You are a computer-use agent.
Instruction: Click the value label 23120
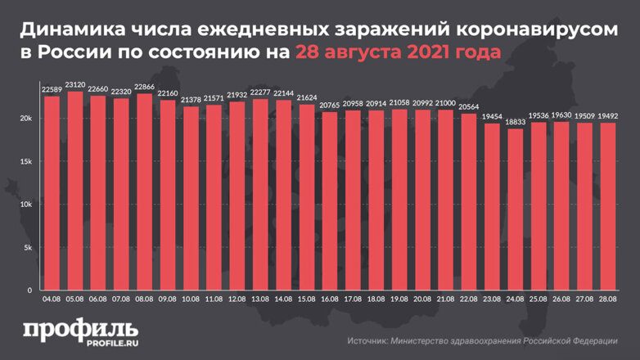click(x=75, y=84)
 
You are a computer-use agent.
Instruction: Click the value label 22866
click(x=144, y=87)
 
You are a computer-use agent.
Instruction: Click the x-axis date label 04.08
click(x=52, y=300)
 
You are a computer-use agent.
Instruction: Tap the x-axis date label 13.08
click(x=260, y=300)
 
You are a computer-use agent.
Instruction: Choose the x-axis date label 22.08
click(x=468, y=300)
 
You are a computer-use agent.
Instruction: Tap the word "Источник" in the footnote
click(x=369, y=340)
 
